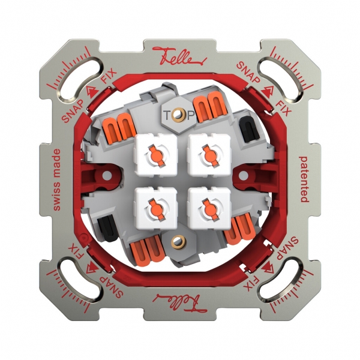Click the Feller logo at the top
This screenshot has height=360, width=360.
pyautogui.click(x=180, y=56)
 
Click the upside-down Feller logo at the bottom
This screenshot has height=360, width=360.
pyautogui.click(x=180, y=303)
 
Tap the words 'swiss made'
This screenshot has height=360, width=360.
pyautogui.click(x=56, y=180)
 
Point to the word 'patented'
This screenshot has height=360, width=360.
pyautogui.click(x=304, y=179)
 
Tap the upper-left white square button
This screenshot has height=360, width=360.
pyautogui.click(x=156, y=155)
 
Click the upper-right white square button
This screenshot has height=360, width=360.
pyautogui.click(x=209, y=155)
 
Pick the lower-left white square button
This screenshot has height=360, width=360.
pyautogui.click(x=156, y=208)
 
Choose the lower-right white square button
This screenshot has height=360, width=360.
pyautogui.click(x=209, y=208)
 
